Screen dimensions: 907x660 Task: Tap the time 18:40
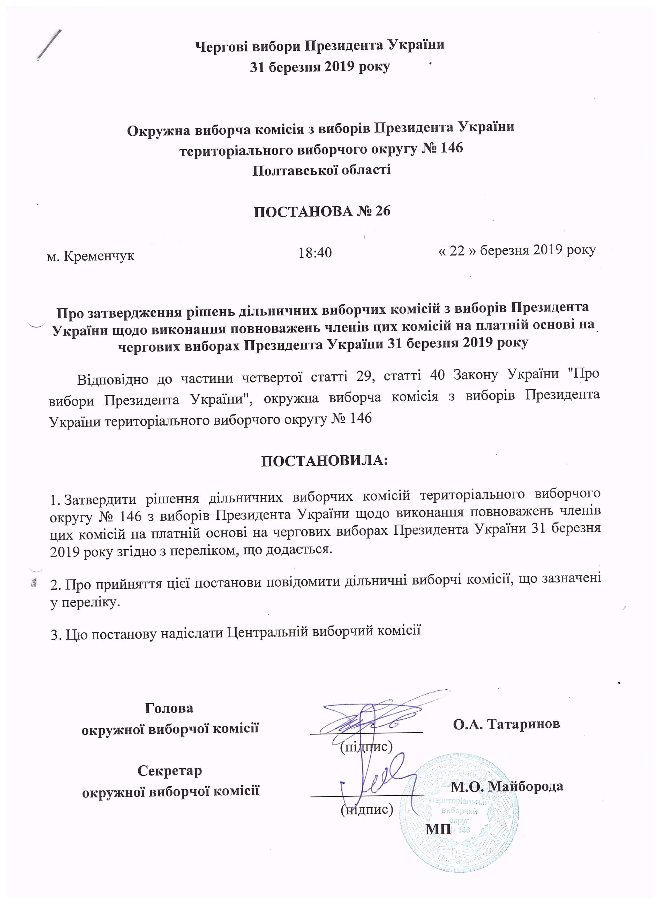[315, 253]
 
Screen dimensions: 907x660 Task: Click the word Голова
[169, 709]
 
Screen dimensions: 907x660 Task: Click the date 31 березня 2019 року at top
[320, 67]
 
